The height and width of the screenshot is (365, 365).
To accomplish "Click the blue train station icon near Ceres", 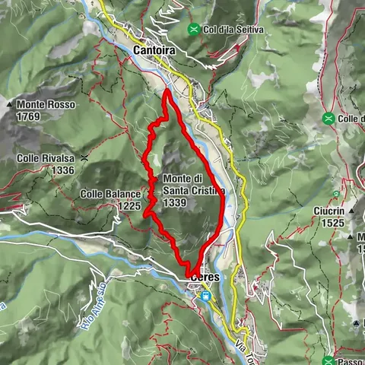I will point(205,297).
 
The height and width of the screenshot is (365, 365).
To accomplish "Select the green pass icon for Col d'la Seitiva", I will point(195,29).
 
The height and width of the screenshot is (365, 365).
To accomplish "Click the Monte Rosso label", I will point(40,103).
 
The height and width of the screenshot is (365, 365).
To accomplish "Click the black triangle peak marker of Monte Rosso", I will point(10,103).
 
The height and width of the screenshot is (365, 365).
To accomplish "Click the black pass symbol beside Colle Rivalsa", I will point(86,158).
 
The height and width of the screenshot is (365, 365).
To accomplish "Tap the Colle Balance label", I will point(110,194).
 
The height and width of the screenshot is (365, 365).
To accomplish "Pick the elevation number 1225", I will point(130,205).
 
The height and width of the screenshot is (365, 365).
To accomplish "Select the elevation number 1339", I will point(174,202).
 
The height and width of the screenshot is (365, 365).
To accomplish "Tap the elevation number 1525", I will point(332,223).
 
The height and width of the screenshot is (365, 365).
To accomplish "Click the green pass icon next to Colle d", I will point(328,119).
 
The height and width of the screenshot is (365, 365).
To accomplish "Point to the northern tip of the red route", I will point(166,91).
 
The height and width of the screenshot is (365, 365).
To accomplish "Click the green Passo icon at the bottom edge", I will point(328,360).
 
